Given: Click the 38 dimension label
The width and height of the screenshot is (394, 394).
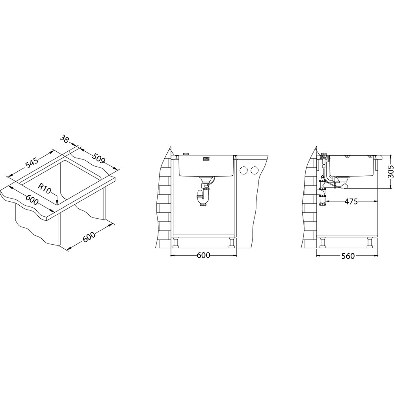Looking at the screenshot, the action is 65,139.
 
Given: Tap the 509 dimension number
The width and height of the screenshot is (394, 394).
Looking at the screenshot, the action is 99,158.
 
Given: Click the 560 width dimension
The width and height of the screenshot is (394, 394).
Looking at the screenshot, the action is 348,256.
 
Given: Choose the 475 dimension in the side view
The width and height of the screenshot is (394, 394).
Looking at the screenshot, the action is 351,201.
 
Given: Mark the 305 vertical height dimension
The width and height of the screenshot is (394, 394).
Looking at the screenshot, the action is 390,172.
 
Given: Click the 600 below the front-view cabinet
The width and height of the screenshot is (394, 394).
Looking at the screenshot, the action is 203,255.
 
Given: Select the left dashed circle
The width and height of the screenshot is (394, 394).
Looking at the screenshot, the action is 244,171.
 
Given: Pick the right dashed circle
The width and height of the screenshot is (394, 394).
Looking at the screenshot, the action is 255,171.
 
